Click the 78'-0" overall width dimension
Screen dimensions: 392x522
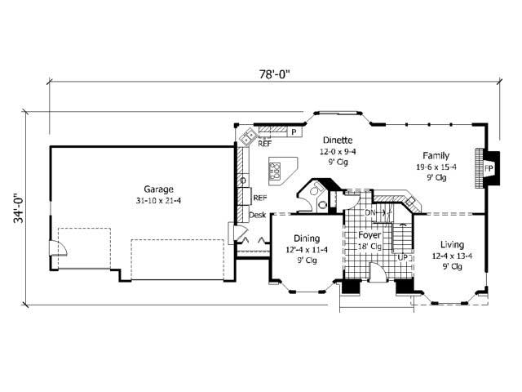coord(275,73)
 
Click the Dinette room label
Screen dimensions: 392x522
coord(337,140)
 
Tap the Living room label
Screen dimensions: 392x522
coord(453,244)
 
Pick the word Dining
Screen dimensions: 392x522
coord(295,239)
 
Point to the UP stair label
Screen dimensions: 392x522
coord(402,258)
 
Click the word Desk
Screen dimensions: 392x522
coord(258,215)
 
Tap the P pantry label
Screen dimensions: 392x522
coord(293,131)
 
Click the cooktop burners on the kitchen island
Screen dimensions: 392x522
coord(276,171)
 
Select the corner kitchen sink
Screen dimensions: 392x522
coord(243,137)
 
